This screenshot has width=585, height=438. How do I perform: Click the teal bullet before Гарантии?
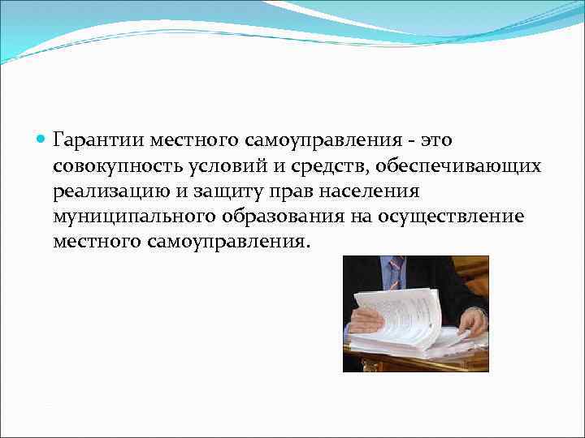click(x=41, y=140)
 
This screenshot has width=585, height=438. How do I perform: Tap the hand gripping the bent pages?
click(x=366, y=320)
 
